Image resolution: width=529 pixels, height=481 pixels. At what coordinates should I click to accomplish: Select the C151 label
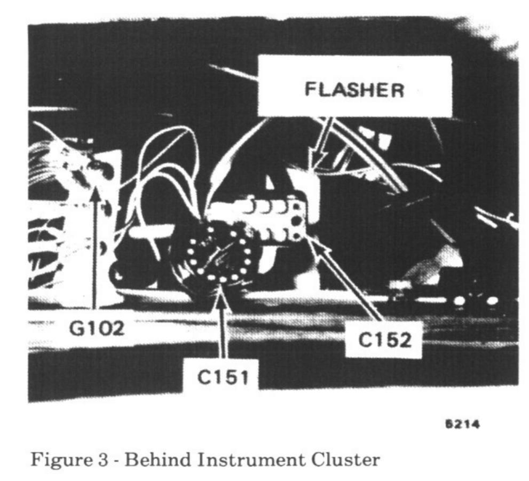[223, 377]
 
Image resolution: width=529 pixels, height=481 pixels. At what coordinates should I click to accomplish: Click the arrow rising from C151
[222, 326]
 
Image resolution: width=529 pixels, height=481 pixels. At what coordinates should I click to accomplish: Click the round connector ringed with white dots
[219, 254]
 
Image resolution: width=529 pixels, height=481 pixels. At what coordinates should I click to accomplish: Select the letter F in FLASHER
[309, 90]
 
